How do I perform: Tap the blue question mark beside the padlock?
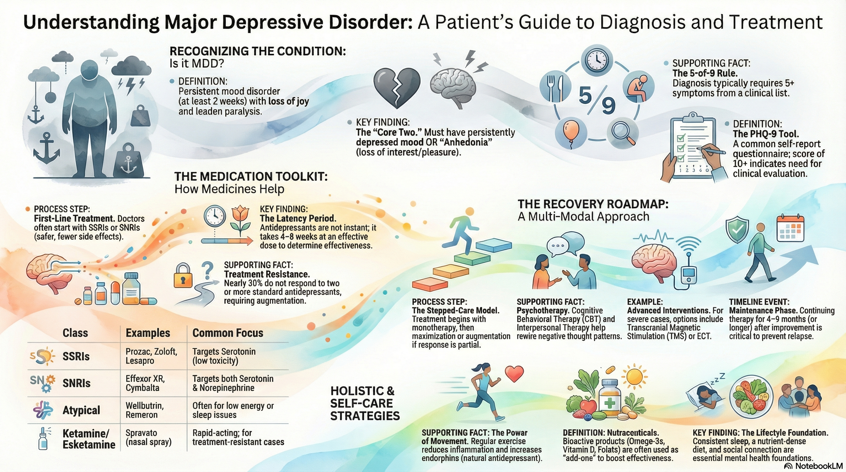click(x=207, y=270)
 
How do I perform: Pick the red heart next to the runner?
click(x=514, y=374)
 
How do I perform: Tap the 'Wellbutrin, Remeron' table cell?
click(x=145, y=410)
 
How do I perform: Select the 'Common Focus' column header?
click(x=227, y=333)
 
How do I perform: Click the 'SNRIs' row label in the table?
click(x=76, y=383)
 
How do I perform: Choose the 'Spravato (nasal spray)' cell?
click(x=148, y=437)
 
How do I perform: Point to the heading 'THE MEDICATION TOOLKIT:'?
click(x=251, y=177)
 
